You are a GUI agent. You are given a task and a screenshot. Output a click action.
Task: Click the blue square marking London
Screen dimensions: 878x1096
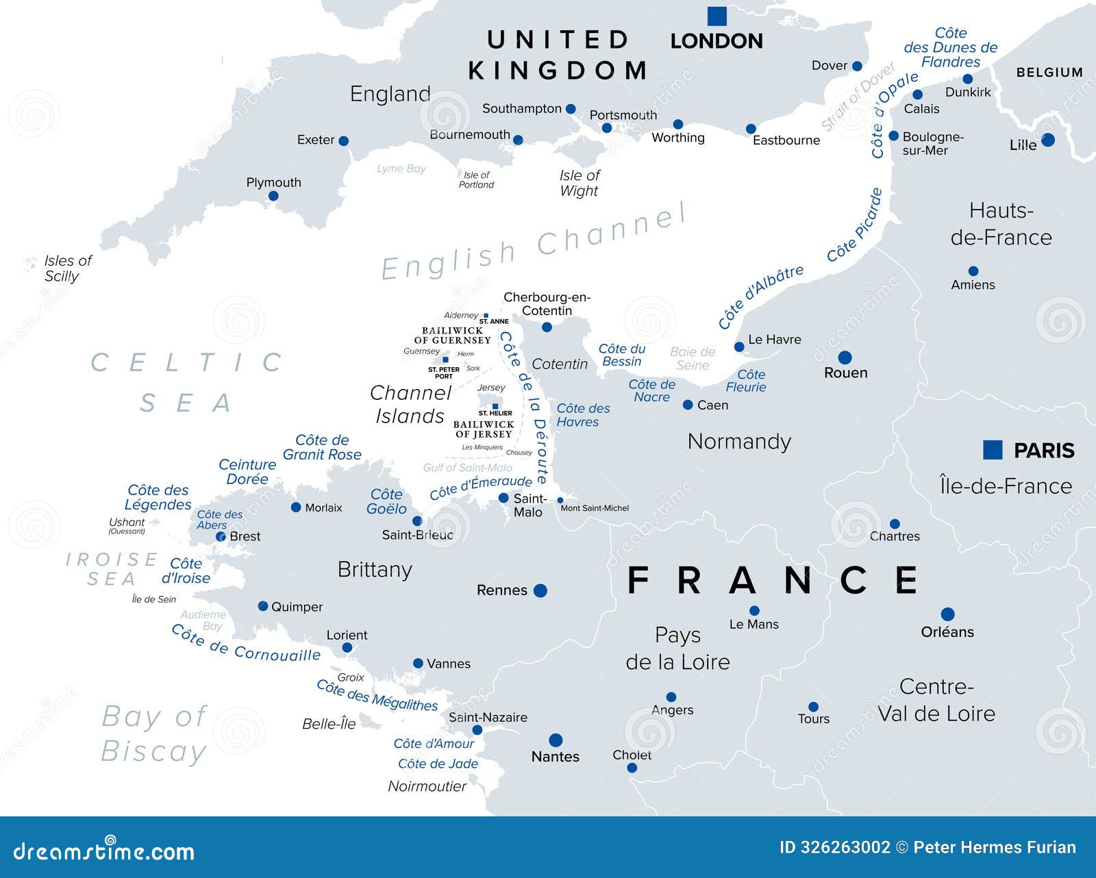717,15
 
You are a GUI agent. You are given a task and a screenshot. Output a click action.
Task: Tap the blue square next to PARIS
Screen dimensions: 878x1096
993,449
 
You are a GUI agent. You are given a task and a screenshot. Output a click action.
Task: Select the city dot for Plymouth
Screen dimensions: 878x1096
273,196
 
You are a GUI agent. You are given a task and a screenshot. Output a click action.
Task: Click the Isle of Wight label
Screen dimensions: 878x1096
580,183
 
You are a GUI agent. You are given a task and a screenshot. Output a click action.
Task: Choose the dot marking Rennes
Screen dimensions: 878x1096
540,590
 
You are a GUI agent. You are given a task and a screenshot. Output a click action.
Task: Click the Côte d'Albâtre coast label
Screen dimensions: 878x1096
760,296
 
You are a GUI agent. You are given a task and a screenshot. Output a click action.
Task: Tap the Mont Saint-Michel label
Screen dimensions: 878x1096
595,508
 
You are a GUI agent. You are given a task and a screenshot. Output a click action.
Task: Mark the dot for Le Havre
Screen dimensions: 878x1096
739,347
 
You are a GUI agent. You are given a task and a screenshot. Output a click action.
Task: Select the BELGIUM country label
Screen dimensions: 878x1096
1049,72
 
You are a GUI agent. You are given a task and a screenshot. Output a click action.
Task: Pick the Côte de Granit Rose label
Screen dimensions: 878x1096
322,447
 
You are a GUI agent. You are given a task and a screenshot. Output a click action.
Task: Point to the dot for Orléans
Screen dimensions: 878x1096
947,614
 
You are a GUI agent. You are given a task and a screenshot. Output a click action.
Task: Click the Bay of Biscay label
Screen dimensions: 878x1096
153,734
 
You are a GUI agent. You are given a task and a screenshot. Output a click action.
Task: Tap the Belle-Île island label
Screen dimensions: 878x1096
329,724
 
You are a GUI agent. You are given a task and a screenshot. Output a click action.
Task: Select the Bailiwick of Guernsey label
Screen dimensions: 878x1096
452,335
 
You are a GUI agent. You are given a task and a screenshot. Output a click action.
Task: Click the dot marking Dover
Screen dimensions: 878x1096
857,66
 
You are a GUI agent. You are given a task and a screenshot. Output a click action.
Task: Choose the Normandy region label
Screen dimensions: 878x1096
739,441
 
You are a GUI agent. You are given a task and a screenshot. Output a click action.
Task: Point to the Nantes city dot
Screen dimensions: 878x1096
556,740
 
